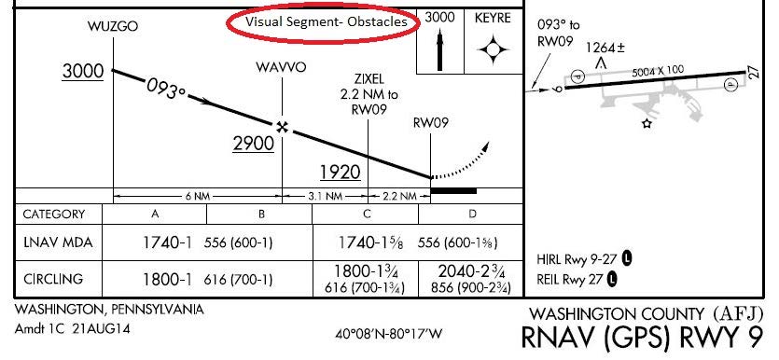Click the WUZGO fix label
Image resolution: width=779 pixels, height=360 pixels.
click(x=112, y=26)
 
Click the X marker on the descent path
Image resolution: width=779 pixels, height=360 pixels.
click(x=280, y=126)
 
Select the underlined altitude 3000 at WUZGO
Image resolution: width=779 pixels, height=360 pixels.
click(x=82, y=72)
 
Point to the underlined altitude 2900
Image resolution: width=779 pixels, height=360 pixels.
click(x=253, y=144)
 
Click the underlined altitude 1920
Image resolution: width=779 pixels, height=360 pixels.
click(x=340, y=173)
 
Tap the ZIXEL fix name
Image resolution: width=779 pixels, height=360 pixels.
click(x=369, y=79)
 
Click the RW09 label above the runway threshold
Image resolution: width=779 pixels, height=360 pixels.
click(x=430, y=122)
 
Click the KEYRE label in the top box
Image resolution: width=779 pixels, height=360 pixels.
click(x=492, y=18)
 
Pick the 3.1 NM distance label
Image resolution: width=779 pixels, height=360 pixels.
click(x=326, y=197)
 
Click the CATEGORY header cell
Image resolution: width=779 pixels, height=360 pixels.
click(x=53, y=214)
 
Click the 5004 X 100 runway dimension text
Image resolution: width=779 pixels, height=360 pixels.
click(x=657, y=69)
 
